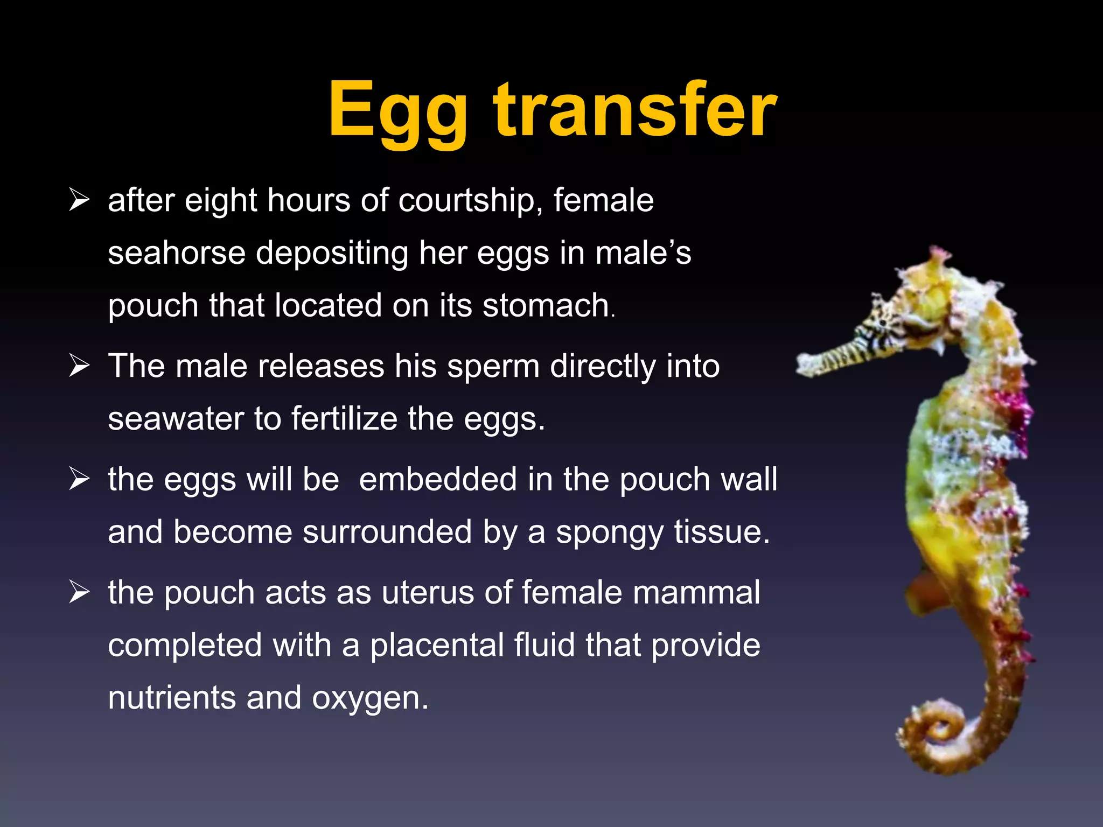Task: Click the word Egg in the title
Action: [x=397, y=111]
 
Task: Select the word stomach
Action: [x=545, y=306]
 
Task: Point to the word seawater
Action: [x=176, y=419]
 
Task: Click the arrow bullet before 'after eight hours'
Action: [x=79, y=200]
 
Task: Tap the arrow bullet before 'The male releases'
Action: [x=79, y=366]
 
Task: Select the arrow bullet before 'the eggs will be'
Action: [x=79, y=479]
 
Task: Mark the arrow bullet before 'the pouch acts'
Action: [x=79, y=592]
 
